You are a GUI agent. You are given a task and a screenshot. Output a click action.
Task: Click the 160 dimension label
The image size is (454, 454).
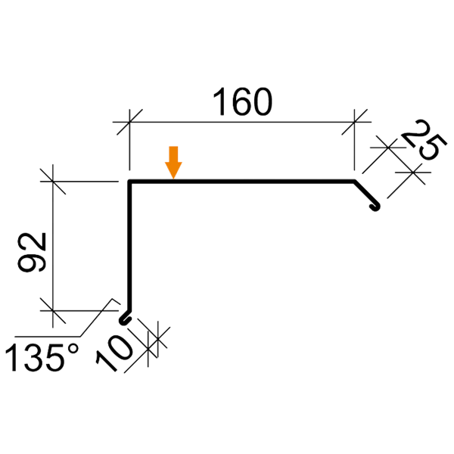coord(241,104)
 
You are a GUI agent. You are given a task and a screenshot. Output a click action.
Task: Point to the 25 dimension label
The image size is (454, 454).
coord(420,143)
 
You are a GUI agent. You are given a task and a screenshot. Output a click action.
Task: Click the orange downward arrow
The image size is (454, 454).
coord(174,163)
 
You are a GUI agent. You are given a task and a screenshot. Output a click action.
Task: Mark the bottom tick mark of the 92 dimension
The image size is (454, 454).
coord(52,309)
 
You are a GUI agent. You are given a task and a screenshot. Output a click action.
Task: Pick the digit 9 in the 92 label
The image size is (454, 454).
coord(37,264)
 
